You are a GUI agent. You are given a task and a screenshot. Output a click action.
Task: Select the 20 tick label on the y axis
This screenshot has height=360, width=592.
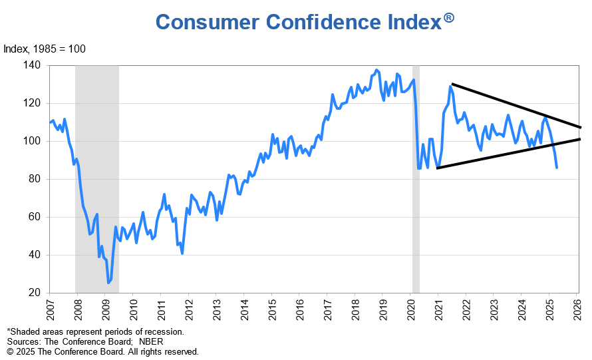tap(35, 293)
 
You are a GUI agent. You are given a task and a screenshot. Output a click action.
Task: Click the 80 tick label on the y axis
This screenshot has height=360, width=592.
tap(35, 179)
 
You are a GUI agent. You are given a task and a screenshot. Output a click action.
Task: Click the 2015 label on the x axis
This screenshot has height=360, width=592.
tap(272, 309)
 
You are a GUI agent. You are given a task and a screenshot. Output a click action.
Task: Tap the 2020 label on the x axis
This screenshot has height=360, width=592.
tap(411, 309)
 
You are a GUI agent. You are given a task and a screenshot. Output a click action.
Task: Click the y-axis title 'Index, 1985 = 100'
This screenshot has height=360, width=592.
tap(45, 49)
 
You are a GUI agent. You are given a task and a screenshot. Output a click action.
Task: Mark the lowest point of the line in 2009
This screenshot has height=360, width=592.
tap(108, 283)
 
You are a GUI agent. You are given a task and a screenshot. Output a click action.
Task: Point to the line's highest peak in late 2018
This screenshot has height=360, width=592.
tap(377, 70)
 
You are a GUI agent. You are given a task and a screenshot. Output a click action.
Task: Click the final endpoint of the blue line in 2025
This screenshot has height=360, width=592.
tap(557, 168)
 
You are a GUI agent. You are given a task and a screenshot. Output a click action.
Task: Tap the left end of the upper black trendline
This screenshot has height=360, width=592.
tap(452, 84)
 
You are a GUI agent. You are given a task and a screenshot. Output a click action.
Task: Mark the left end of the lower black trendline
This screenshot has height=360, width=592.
tap(437, 168)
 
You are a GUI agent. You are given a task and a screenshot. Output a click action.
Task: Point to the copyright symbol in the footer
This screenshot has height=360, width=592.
tap(10, 351)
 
